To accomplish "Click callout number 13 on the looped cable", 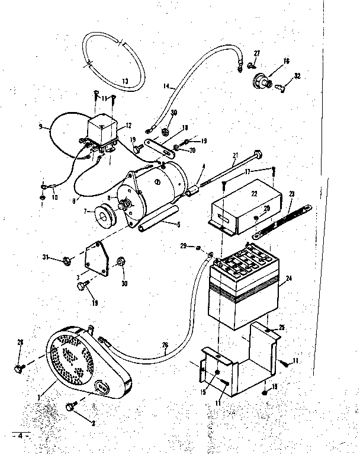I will (x=125, y=81).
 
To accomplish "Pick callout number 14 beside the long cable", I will (x=166, y=87).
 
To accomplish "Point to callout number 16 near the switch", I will (x=286, y=61).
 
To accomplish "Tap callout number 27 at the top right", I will (x=257, y=54).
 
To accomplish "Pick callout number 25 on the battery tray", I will (x=282, y=327).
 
